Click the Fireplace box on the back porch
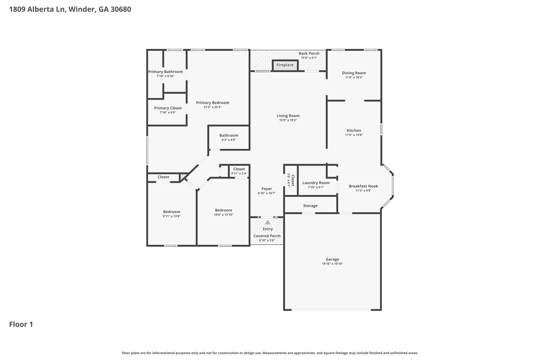(285, 65)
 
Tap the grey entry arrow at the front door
(268, 222)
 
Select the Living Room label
(288, 116)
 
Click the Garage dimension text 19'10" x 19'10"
(332, 264)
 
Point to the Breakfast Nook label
(363, 186)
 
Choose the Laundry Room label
(316, 183)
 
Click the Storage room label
(310, 206)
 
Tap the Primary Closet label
(168, 108)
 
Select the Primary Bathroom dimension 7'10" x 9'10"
(165, 76)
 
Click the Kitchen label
(354, 130)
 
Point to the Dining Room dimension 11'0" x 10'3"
(354, 78)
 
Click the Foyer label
(267, 189)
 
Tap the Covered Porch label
(267, 236)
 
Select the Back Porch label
(309, 54)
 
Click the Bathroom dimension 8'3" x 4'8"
(229, 140)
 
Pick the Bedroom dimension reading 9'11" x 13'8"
(172, 216)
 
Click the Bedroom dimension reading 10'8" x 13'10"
(224, 215)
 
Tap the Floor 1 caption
(21, 324)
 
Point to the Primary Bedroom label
(213, 103)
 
